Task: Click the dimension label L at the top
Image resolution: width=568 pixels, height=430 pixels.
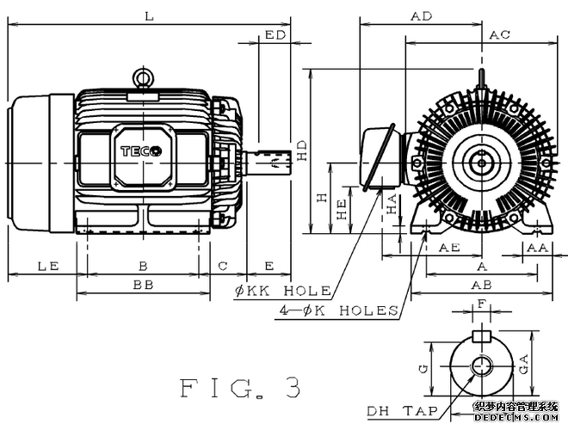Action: (150, 15)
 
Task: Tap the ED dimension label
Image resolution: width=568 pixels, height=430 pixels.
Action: (275, 35)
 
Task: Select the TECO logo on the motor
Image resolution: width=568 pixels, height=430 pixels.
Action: (141, 150)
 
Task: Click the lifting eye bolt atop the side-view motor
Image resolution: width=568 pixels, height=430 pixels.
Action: (143, 78)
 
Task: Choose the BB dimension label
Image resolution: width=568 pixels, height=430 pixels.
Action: (143, 284)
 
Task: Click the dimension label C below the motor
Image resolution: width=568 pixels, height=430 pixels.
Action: (223, 267)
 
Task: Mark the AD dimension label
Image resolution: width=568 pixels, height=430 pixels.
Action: (421, 16)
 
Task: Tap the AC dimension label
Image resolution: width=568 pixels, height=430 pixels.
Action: (500, 35)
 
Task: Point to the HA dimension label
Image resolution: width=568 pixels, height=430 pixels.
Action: (392, 205)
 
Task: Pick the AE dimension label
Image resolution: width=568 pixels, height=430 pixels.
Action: (448, 248)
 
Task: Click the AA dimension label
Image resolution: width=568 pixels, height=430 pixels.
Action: (538, 248)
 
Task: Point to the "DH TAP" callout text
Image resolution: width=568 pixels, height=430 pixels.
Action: (397, 410)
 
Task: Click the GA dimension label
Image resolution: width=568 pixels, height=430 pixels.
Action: (526, 363)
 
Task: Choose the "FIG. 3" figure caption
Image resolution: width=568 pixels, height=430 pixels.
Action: (241, 388)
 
